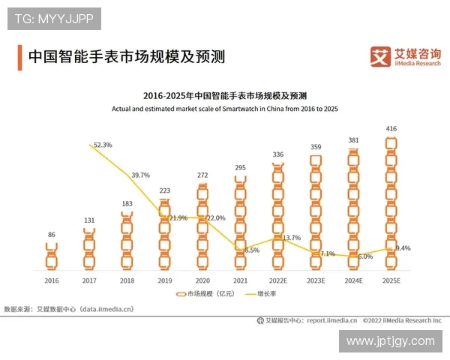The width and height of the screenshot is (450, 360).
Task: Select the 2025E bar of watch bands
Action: pyautogui.click(x=391, y=202)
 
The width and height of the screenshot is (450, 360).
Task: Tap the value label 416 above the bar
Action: pyautogui.click(x=391, y=129)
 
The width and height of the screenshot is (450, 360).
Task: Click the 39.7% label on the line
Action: pyautogui.click(x=140, y=175)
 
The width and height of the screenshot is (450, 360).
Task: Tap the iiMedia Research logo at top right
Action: pyautogui.click(x=405, y=56)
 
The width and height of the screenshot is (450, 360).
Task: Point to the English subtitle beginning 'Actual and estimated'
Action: pyautogui.click(x=225, y=109)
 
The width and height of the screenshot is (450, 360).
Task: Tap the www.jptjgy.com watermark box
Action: pyautogui.click(x=391, y=340)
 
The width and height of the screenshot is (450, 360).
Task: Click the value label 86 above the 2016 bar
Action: pyautogui.click(x=51, y=235)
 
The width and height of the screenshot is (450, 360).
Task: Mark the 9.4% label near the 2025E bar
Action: pyautogui.click(x=403, y=247)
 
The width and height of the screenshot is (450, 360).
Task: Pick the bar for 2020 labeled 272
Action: pyautogui.click(x=202, y=226)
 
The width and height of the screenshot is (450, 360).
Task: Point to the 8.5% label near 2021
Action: pyautogui.click(x=252, y=250)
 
